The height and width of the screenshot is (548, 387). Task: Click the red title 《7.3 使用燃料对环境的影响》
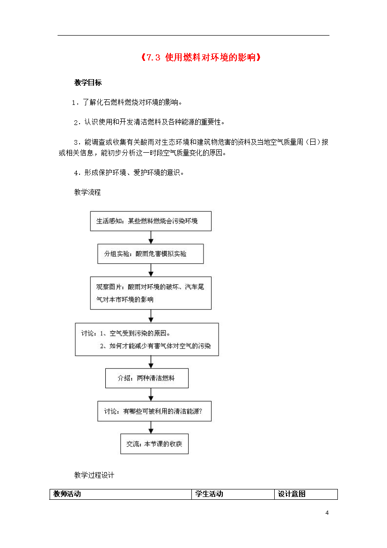pyautogui.click(x=201, y=57)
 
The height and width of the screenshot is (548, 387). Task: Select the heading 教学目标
pyautogui.click(x=88, y=82)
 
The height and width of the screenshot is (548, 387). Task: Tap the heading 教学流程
pyautogui.click(x=88, y=192)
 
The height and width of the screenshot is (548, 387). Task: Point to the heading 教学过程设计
pyautogui.click(x=94, y=475)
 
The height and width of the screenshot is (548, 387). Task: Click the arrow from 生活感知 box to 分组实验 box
pyautogui.click(x=151, y=237)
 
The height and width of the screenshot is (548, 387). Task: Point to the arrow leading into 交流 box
pyautogui.click(x=151, y=428)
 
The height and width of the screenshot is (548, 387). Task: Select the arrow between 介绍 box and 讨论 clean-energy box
pyautogui.click(x=151, y=394)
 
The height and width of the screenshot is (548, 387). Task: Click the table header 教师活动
pyautogui.click(x=67, y=494)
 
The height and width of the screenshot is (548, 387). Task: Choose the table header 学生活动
pyautogui.click(x=209, y=494)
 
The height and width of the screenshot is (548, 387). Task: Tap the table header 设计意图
pyautogui.click(x=292, y=494)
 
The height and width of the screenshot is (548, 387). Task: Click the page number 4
pyautogui.click(x=327, y=513)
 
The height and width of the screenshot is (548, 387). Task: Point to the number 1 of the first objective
pyautogui.click(x=73, y=103)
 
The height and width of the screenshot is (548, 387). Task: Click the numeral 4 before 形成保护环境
pyautogui.click(x=76, y=173)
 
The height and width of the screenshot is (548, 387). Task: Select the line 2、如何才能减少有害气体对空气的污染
pyautogui.click(x=155, y=346)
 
